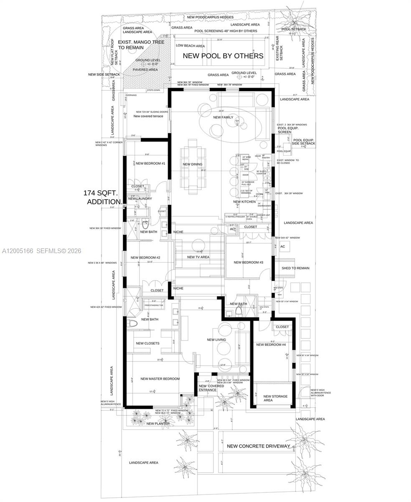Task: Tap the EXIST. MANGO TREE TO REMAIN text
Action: pyautogui.click(x=135, y=45)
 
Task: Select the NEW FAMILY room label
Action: pyautogui.click(x=223, y=118)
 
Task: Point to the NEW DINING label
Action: pyautogui.click(x=193, y=164)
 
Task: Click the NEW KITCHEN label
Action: pyautogui.click(x=244, y=202)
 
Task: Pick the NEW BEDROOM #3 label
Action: pyautogui.click(x=248, y=262)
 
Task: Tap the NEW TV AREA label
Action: pyautogui.click(x=198, y=257)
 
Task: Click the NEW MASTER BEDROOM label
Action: pyautogui.click(x=160, y=379)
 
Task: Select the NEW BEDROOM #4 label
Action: pyautogui.click(x=271, y=345)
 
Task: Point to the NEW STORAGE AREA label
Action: pyautogui.click(x=275, y=398)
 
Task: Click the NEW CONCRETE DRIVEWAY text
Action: pyautogui.click(x=258, y=446)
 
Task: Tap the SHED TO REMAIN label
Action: pyautogui.click(x=295, y=268)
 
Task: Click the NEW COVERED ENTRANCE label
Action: pyautogui.click(x=211, y=388)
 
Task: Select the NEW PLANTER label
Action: pyautogui.click(x=158, y=423)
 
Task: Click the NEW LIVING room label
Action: pyautogui.click(x=216, y=340)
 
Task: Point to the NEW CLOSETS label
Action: pyautogui.click(x=147, y=343)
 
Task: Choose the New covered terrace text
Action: pyautogui.click(x=148, y=116)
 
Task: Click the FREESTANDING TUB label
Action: pyautogui.click(x=154, y=305)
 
